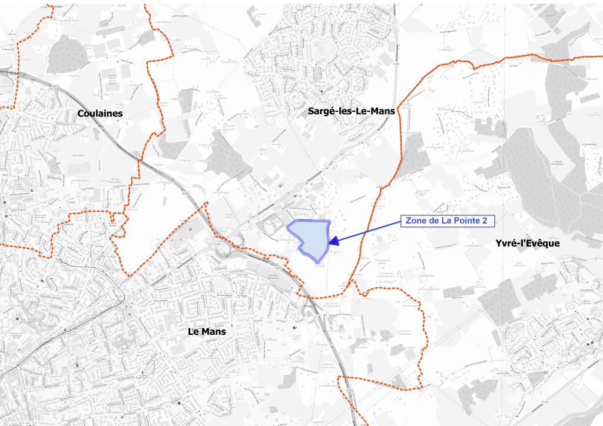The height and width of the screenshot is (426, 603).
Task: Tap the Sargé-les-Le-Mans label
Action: [x=351, y=110]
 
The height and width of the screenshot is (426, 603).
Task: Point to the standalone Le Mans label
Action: [x=207, y=331]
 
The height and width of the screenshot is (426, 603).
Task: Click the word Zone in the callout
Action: [x=416, y=221]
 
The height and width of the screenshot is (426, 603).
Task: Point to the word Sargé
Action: [x=322, y=110]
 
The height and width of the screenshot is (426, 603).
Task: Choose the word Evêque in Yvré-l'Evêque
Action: [x=542, y=243]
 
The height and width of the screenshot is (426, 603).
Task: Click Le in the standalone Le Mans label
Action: [x=193, y=331]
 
